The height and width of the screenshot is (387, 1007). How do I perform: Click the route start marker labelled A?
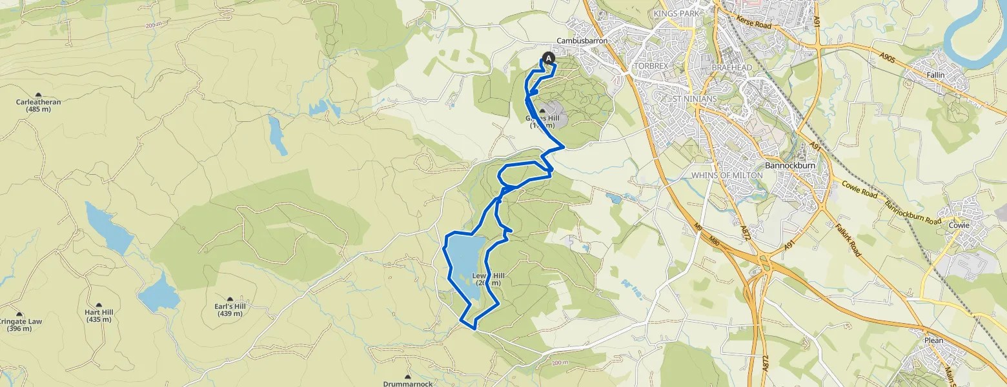[549, 58]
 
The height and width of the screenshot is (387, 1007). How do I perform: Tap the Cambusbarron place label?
[582, 40]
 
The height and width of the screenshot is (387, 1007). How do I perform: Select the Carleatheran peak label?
[38, 101]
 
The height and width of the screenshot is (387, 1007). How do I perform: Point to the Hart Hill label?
[99, 312]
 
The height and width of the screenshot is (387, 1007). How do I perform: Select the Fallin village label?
[935, 75]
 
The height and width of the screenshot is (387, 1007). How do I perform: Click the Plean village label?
[933, 341]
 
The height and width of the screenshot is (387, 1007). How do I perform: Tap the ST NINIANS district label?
[694, 99]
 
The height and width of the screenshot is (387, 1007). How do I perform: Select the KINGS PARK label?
[677, 13]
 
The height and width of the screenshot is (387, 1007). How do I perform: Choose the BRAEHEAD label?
[728, 67]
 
